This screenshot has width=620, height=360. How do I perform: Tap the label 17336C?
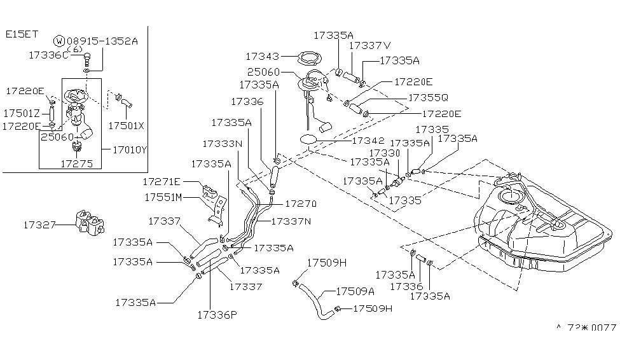coord(48,55)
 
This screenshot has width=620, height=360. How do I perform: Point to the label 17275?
coord(77,163)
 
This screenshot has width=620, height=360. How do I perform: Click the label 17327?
coord(40,225)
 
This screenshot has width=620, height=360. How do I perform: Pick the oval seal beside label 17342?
coord(308,139)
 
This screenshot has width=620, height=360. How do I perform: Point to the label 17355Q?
coord(428,98)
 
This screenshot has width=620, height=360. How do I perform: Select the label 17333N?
coord(223,144)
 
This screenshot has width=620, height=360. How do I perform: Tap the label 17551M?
coord(163,197)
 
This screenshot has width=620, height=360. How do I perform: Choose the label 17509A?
coord(355,292)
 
